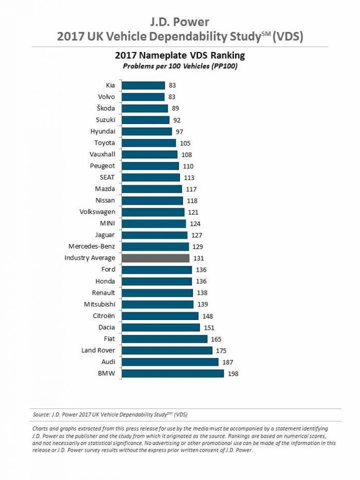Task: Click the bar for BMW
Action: [x=173, y=373]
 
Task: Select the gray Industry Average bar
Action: [x=156, y=258]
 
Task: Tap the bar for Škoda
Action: [x=145, y=109]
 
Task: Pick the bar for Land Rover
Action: [x=167, y=350]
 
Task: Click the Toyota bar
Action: [x=149, y=143]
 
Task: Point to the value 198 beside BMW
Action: [x=233, y=374]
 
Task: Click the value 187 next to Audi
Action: [x=228, y=362]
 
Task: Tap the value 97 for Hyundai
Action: [x=180, y=132]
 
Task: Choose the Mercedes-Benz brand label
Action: [x=92, y=246]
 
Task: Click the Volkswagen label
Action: [x=98, y=212]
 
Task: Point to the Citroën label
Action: [x=103, y=316]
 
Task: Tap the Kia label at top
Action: [x=110, y=85]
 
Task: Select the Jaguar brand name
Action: [x=104, y=235]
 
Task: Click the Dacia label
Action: [x=105, y=327]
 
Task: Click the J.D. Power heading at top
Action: [x=179, y=22]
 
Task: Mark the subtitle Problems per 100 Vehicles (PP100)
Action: [x=179, y=66]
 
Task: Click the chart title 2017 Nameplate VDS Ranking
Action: [x=179, y=56]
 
